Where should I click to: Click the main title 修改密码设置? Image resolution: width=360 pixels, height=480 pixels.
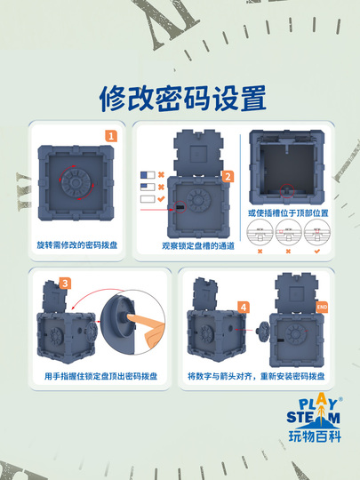(180, 96)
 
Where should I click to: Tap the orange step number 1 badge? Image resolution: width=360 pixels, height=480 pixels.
(111, 136)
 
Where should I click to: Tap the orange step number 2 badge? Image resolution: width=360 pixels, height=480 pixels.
(228, 176)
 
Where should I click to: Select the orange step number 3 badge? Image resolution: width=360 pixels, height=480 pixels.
(65, 284)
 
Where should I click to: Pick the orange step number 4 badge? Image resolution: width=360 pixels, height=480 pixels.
(244, 307)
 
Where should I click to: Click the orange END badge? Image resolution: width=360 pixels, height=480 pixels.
(322, 308)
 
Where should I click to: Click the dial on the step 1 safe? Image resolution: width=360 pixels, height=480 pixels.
(75, 180)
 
